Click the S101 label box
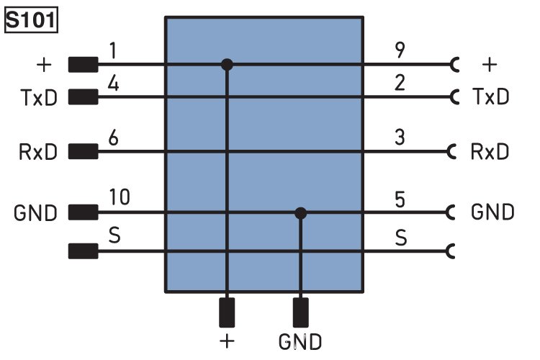31,20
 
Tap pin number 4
114,84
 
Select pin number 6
113,138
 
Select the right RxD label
490,152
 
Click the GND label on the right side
492,212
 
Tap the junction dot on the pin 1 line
227,65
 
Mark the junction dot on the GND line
301,213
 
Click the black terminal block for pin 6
83,152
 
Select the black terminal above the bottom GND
301,313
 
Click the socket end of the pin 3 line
452,152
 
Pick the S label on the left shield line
112,235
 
